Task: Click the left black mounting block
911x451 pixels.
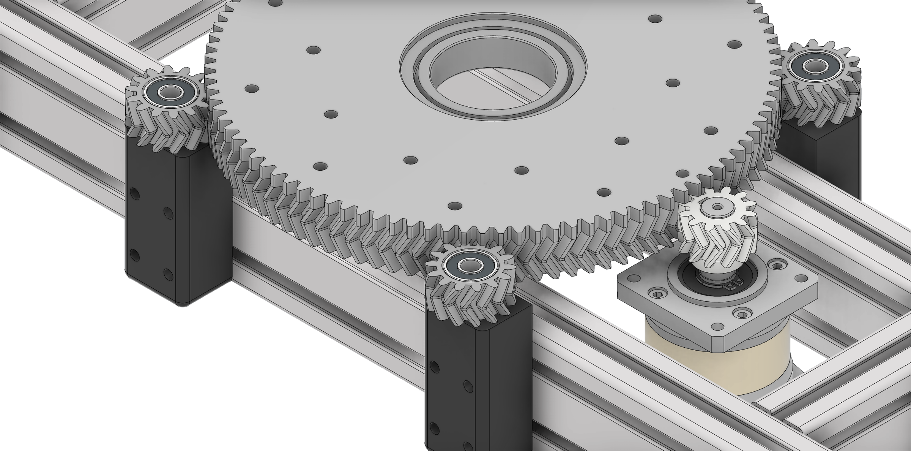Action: pyautogui.click(x=178, y=228)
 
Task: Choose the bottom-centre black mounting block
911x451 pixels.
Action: pyautogui.click(x=478, y=380)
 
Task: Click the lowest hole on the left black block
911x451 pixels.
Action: pyautogui.click(x=167, y=273)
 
